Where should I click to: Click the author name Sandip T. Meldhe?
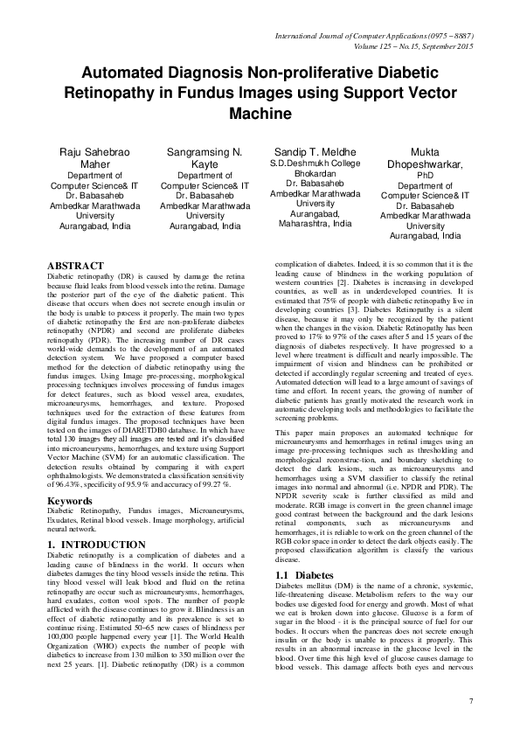[x=315, y=151]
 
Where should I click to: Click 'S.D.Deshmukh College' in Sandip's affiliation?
[x=315, y=163]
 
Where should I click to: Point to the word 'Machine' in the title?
[x=260, y=114]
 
